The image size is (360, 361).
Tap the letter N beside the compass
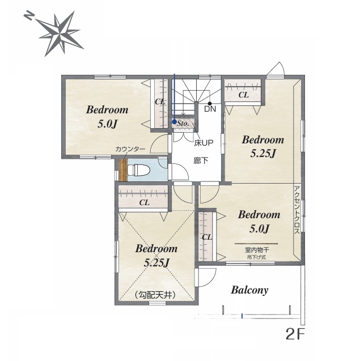coord(29,16)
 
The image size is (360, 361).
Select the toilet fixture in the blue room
coord(139,170)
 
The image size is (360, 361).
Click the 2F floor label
coord(295,334)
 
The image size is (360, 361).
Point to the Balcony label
coord(249,290)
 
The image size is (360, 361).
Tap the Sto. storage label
coord(183,124)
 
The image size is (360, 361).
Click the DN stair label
coord(210,109)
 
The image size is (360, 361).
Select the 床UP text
coord(204,143)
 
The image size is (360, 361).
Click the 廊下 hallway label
coord(201,160)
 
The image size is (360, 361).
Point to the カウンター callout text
coord(130,149)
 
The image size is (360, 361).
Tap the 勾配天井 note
coord(156,295)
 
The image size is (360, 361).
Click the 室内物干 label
coord(257,250)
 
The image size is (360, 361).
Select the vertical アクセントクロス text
coord(297,210)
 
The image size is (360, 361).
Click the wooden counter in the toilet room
coord(123,170)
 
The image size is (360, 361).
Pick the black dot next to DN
coord(210,104)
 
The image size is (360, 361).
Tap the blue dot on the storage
coord(175,121)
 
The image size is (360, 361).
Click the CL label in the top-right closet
coord(243,95)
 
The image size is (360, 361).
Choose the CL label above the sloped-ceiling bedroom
coord(145,202)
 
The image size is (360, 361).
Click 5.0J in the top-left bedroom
coord(108,124)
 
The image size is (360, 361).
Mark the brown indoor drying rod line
coord(256,243)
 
